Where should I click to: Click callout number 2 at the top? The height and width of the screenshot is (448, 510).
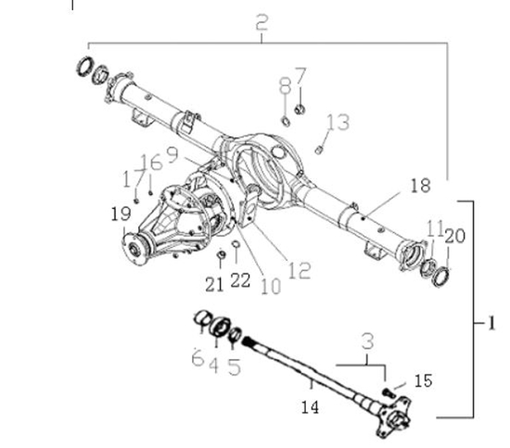coord(261,22)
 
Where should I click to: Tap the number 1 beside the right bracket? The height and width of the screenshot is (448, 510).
coord(491,324)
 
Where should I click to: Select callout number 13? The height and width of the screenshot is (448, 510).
coord(338,122)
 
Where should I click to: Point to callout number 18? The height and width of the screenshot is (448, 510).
coord(421,186)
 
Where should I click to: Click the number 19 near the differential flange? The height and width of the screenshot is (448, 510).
coord(121,214)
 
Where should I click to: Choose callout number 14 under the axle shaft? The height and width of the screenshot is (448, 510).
coord(310,407)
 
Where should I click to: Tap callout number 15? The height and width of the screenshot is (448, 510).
coord(423,380)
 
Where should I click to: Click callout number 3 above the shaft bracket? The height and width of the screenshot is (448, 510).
coord(367,341)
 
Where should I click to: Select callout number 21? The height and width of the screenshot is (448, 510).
coord(214,285)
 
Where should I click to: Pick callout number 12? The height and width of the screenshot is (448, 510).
coord(300,271)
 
